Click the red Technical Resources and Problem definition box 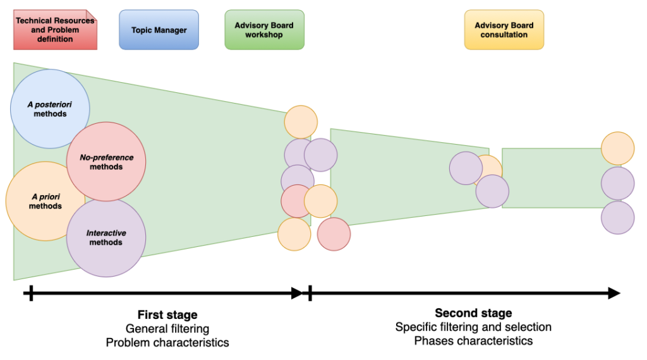(55, 30)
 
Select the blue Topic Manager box (159, 30)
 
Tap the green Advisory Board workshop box (264, 30)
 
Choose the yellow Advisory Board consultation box (504, 30)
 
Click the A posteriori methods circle (49, 108)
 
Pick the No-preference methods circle (106, 162)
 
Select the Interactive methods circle (106, 237)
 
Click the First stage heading (167, 315)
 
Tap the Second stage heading (473, 313)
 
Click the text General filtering (167, 328)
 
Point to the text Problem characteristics (167, 342)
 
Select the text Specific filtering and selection (473, 327)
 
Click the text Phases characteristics (473, 341)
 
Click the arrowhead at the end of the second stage (614, 293)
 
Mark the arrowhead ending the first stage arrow (296, 293)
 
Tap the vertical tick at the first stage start (29, 293)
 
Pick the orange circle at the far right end (617, 148)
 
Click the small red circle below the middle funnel (334, 234)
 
